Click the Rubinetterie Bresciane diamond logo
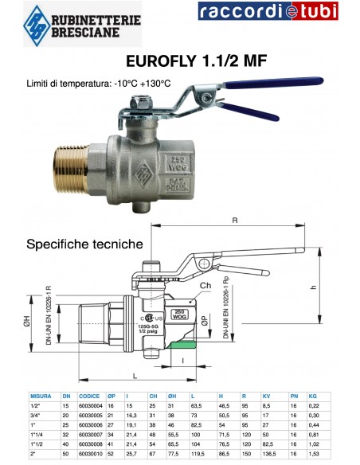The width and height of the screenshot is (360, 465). point(35,21)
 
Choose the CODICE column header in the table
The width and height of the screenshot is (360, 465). point(90,396)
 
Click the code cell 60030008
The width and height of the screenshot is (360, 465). point(90,447)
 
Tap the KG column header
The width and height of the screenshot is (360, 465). point(313,396)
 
